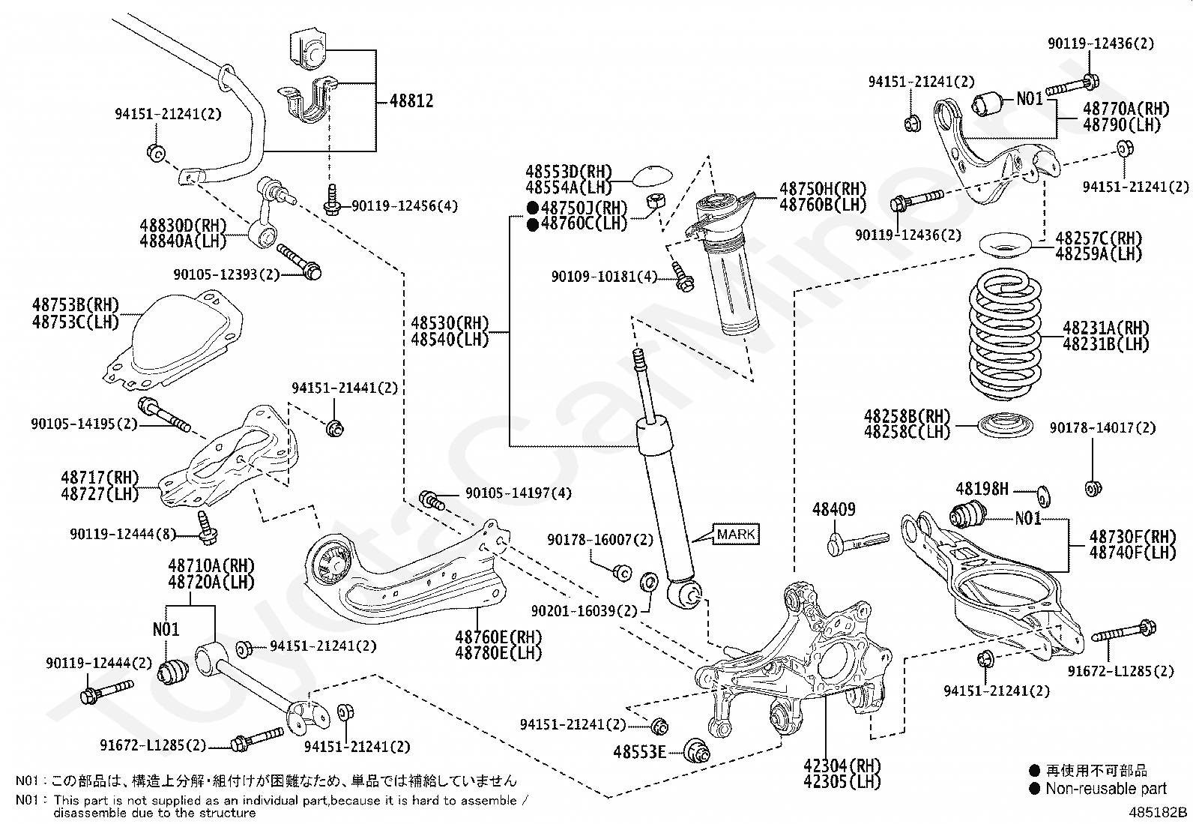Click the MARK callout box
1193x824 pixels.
pos(737,535)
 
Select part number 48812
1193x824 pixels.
pos(411,100)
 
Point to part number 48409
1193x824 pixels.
pos(833,511)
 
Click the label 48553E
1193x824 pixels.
pos(639,751)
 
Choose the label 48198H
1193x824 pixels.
pos(982,490)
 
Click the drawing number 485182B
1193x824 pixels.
pos(1159,812)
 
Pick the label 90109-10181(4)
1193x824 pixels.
pos(604,277)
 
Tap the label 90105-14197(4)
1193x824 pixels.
pos(518,493)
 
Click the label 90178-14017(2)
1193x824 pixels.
pos(1102,428)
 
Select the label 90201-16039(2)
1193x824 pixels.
pos(585,612)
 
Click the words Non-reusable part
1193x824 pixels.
pos(1106,788)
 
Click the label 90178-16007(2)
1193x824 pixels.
pos(599,540)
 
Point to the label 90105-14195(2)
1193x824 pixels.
pos(84,424)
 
